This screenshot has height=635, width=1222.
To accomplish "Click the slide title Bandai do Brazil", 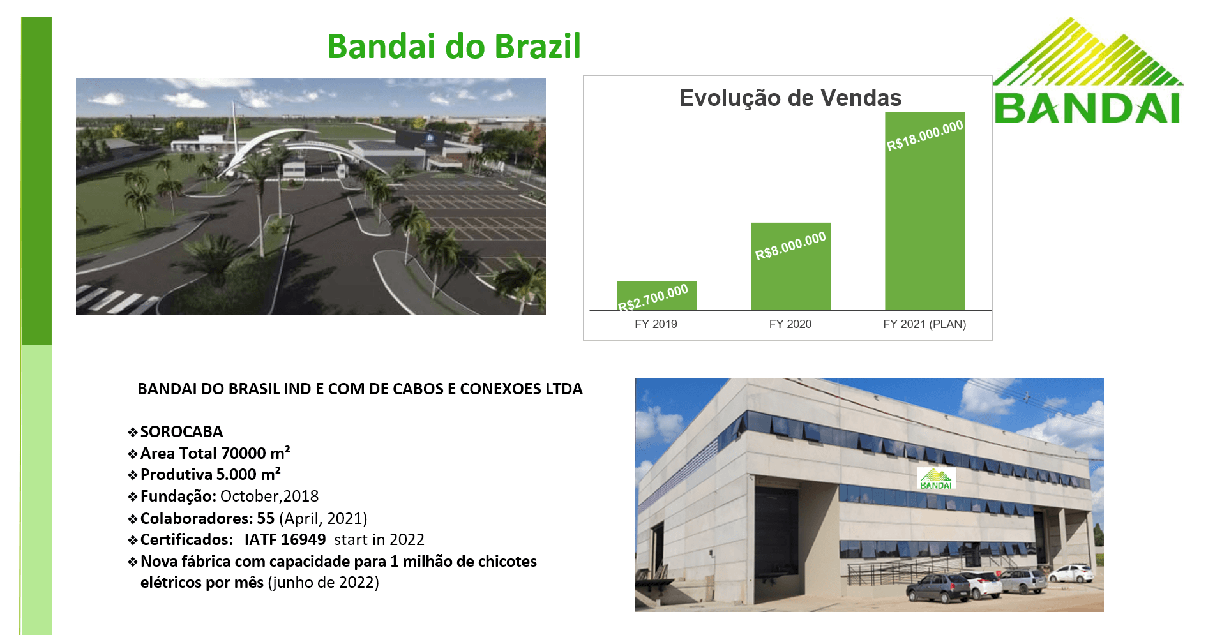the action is point(454,47).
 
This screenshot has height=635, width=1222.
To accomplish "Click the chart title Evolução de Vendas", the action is point(790,98).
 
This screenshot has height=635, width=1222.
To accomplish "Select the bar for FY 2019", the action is point(656,295).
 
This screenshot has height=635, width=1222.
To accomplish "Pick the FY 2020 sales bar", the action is point(790,266).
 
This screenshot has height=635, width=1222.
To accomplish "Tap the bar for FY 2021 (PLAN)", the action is point(924,211).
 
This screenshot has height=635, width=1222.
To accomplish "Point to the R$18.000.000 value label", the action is point(924,136).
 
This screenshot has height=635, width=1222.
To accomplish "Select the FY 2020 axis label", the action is point(790,324).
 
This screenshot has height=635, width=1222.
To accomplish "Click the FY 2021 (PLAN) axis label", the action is point(924,324).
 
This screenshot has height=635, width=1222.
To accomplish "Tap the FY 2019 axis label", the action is point(656,324).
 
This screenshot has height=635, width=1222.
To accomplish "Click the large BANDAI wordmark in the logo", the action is point(1087,108).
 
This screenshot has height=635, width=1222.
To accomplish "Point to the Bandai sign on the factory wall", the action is point(936,479).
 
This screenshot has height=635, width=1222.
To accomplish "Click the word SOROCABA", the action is point(181,432).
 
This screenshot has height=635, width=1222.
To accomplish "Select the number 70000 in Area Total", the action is point(243,454).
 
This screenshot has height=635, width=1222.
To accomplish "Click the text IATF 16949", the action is point(285,540).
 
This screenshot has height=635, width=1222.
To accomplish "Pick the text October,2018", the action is point(269,497).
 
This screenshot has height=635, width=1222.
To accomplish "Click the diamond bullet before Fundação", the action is point(133,497).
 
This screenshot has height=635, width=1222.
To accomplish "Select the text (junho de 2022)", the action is point(324,583).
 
